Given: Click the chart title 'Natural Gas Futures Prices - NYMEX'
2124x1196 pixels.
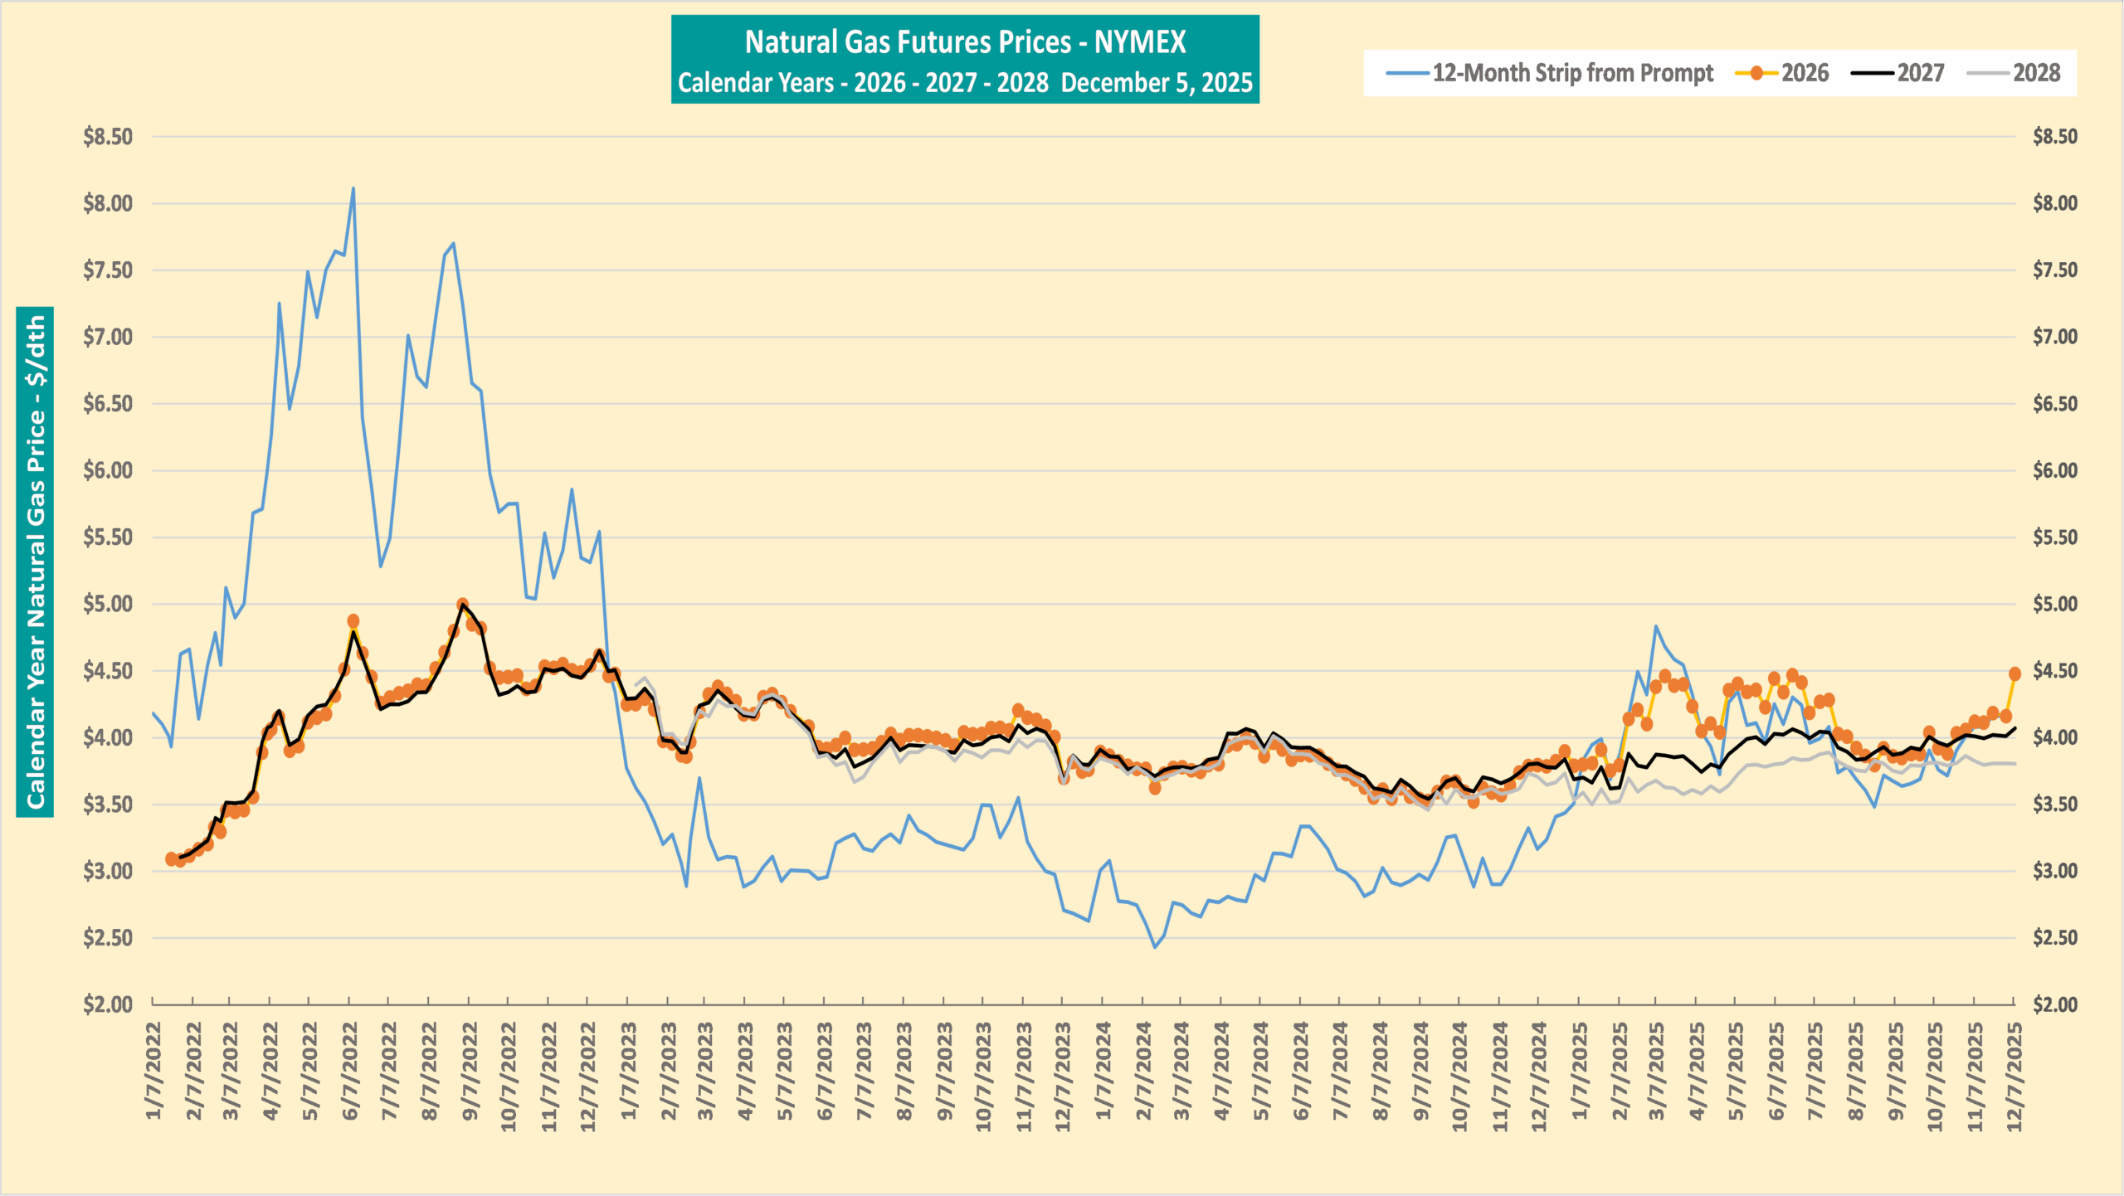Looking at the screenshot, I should [965, 42].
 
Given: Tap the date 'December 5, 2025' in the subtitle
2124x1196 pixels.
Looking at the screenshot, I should [1157, 83].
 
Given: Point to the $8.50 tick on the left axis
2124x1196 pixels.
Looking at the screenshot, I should [108, 137].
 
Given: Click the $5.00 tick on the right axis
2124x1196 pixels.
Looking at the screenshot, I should [2054, 604].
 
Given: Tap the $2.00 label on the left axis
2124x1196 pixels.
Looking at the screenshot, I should [108, 1004].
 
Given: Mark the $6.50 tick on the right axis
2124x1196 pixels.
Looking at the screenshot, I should [2054, 404].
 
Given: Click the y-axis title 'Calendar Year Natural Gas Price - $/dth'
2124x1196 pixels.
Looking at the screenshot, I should [35, 562].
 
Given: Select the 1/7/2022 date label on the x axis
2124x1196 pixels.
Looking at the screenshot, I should [154, 1071].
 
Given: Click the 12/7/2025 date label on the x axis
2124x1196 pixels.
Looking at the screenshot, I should [2014, 1077].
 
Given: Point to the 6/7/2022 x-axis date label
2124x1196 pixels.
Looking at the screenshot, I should [351, 1071].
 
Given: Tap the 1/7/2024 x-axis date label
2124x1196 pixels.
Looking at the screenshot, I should [1103, 1071].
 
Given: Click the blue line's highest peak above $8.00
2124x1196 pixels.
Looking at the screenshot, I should [353, 188].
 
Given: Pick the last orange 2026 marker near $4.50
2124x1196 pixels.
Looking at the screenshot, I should [2014, 673].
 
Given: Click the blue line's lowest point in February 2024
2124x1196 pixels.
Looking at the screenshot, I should [1154, 947].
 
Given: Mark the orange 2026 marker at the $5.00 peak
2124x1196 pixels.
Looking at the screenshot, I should [463, 605].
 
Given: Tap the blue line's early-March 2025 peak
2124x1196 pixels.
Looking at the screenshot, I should [1655, 626].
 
